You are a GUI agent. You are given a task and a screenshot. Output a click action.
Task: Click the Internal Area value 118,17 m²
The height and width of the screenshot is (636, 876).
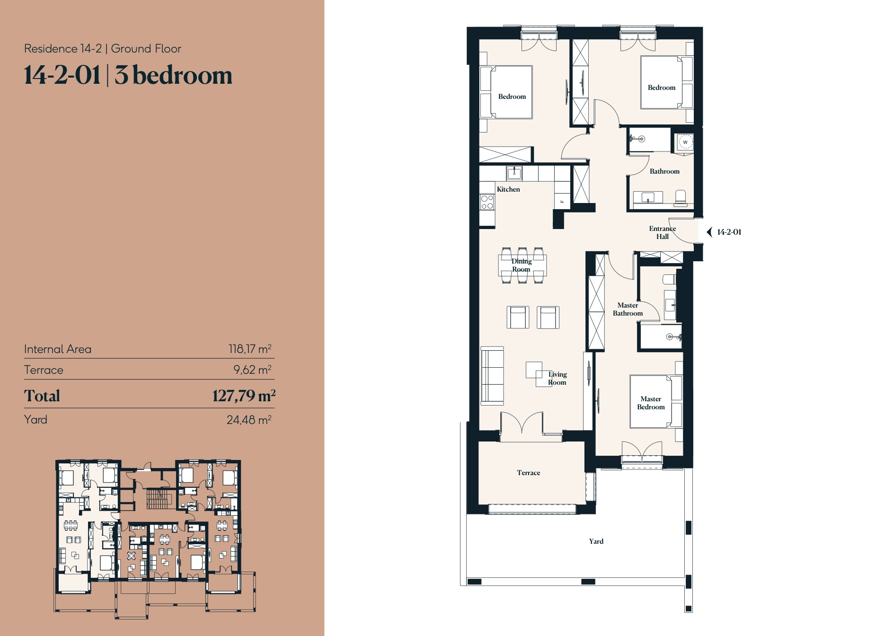[x=249, y=349]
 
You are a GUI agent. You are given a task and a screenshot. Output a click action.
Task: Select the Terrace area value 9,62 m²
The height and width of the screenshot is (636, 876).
[x=252, y=370]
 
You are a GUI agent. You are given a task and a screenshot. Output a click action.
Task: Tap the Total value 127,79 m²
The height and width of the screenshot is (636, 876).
[x=243, y=396]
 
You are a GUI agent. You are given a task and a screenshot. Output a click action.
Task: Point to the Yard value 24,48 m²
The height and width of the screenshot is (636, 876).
[x=248, y=420]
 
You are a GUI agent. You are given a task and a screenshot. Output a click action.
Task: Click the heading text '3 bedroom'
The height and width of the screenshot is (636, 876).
[x=173, y=76]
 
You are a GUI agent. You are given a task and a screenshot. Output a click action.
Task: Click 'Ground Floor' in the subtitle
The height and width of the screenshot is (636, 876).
[x=146, y=49]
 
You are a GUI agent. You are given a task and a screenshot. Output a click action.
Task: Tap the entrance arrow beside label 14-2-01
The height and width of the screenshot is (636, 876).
[x=709, y=232]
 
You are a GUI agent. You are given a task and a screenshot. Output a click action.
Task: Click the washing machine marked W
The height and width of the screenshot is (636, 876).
[x=685, y=142]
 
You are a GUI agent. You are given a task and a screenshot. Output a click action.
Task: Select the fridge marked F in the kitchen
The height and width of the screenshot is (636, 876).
[x=562, y=201]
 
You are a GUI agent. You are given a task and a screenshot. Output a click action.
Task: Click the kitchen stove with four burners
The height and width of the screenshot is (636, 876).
[x=487, y=203]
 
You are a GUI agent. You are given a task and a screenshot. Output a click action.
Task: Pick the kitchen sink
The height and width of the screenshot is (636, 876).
[x=514, y=173]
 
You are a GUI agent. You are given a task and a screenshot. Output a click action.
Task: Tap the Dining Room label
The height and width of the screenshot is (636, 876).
[x=521, y=265]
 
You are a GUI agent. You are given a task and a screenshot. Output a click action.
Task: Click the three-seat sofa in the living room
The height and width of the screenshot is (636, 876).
[x=492, y=376]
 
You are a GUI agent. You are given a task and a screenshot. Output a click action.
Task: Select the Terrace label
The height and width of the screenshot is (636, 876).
[x=528, y=473]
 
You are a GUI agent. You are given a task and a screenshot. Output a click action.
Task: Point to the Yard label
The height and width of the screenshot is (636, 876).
[x=596, y=541]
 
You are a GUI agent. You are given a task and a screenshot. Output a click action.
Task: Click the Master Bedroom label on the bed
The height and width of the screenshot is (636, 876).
[x=651, y=403]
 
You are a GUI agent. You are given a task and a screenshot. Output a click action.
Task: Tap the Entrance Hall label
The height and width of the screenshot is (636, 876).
[x=662, y=232]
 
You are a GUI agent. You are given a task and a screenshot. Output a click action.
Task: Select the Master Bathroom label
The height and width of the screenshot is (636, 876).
[x=628, y=309]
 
